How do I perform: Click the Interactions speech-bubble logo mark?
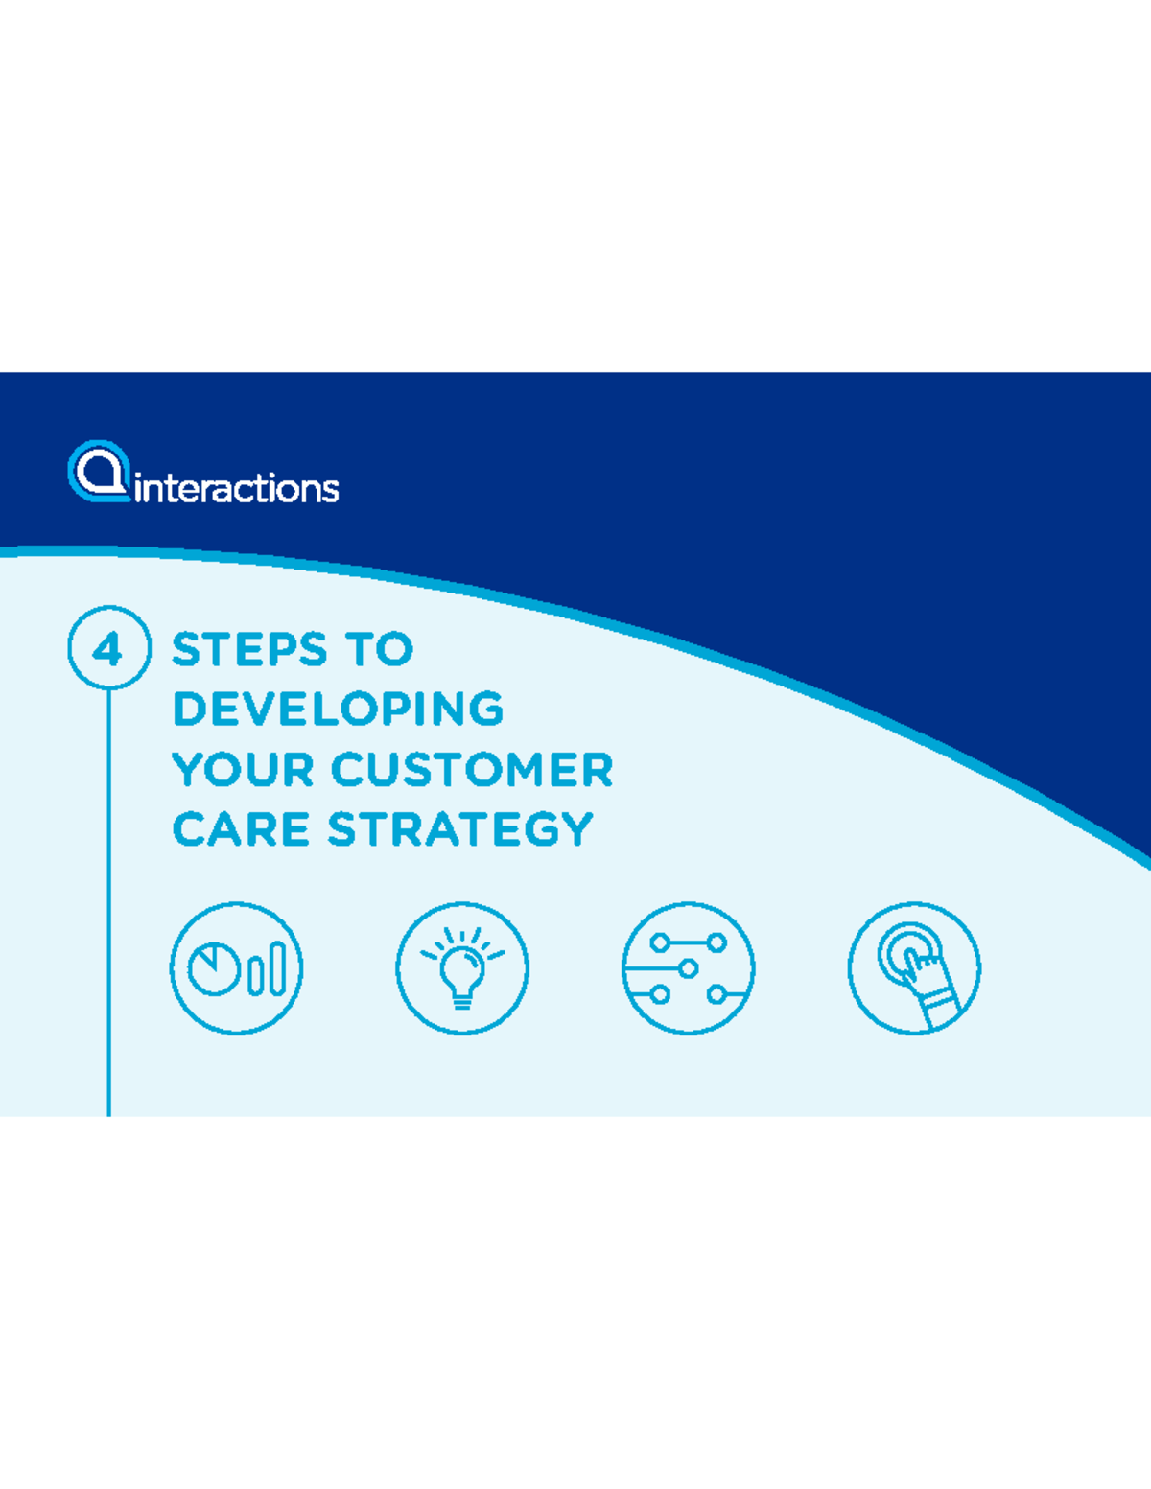click(x=99, y=471)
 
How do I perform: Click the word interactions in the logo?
click(x=237, y=488)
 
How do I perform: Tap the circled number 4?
click(x=108, y=648)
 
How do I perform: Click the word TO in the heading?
click(x=380, y=650)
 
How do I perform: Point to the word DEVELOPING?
click(x=338, y=710)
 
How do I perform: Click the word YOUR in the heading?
click(x=243, y=770)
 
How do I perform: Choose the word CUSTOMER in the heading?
click(x=472, y=770)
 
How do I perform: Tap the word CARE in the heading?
click(x=241, y=830)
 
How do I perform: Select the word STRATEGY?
click(x=460, y=830)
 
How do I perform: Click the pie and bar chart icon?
click(x=237, y=967)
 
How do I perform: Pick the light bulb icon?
click(x=462, y=967)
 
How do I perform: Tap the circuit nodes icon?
click(x=688, y=967)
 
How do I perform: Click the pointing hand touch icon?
click(x=914, y=967)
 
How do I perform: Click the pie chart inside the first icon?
click(x=213, y=968)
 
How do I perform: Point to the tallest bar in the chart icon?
click(x=278, y=967)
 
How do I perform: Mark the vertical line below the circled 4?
click(x=109, y=901)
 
